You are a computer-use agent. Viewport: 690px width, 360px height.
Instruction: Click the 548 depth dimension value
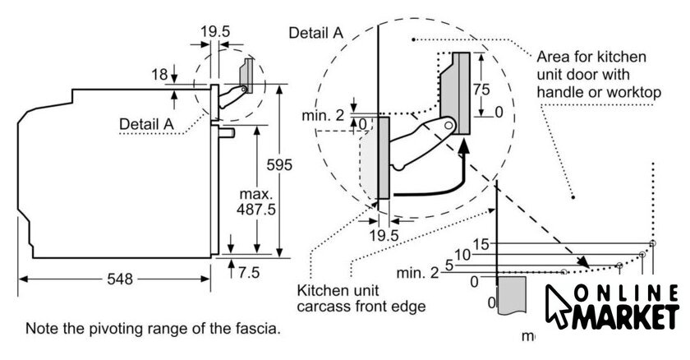(118, 279)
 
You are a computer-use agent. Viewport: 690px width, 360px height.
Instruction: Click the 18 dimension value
(160, 75)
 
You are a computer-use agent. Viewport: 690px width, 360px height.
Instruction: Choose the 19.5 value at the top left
(215, 33)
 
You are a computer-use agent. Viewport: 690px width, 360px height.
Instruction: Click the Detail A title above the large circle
(316, 33)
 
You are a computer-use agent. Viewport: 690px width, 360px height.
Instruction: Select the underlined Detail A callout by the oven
(147, 123)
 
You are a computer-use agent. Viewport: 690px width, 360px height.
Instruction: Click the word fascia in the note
(260, 329)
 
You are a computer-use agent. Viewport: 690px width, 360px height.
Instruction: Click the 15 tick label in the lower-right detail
(481, 244)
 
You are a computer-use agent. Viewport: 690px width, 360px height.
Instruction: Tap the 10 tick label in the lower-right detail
(463, 255)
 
